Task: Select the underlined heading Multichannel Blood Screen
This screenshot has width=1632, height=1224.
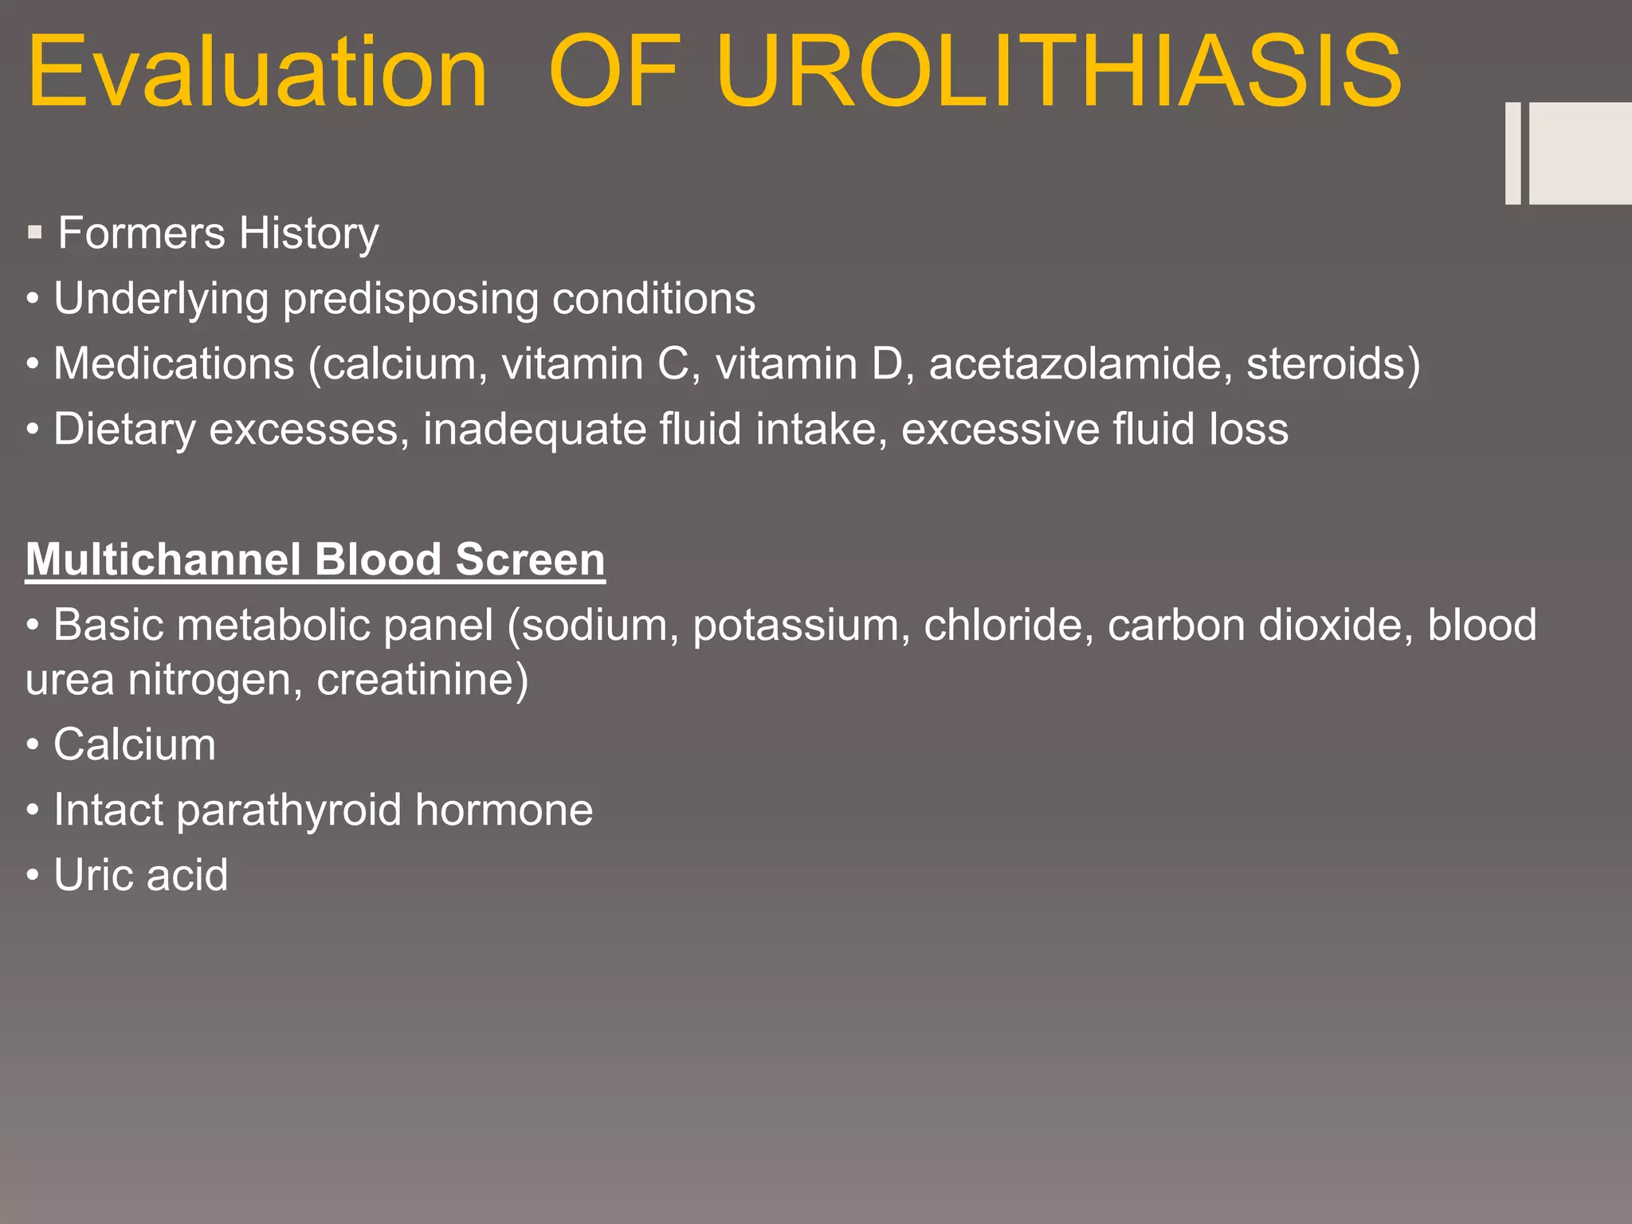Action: pos(315,559)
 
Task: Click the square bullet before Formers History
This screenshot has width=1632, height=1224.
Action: pos(34,233)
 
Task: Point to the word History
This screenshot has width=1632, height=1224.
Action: pos(308,233)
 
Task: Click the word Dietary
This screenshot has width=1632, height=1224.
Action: pos(124,430)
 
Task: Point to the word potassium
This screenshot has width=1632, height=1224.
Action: pos(801,625)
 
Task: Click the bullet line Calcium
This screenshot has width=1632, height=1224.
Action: pos(134,745)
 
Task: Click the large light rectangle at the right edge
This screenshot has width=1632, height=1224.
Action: pos(1579,153)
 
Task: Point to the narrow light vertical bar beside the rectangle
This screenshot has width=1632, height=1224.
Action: pos(1512,153)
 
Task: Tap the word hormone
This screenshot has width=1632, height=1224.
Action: pos(504,810)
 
